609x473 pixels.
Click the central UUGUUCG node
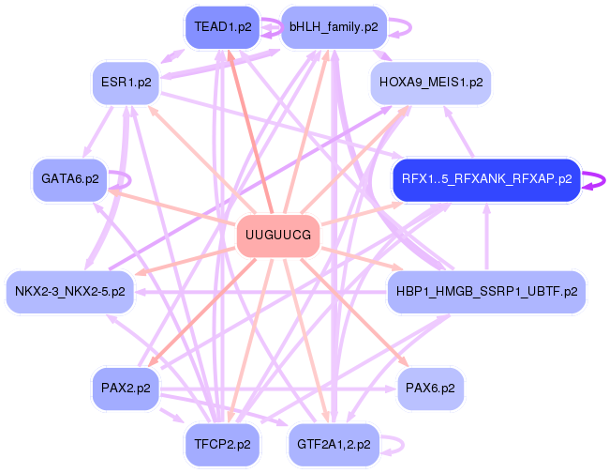278,236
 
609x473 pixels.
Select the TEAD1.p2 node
223,27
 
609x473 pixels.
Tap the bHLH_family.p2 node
334,27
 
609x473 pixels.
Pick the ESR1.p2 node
126,83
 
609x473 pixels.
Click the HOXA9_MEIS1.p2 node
431,83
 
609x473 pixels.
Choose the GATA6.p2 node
70,179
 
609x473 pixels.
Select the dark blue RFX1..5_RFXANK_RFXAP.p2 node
486,179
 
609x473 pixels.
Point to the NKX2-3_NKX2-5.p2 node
70,291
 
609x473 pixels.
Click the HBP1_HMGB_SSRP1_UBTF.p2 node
486,291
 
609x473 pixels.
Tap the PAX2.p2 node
126,389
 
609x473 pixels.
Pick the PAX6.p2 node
430,389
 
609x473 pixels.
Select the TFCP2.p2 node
223,444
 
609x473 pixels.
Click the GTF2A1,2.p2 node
334,444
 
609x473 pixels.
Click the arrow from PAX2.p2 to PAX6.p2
278,389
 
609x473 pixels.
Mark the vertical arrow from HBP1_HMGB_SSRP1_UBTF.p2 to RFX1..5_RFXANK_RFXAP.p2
486,236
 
